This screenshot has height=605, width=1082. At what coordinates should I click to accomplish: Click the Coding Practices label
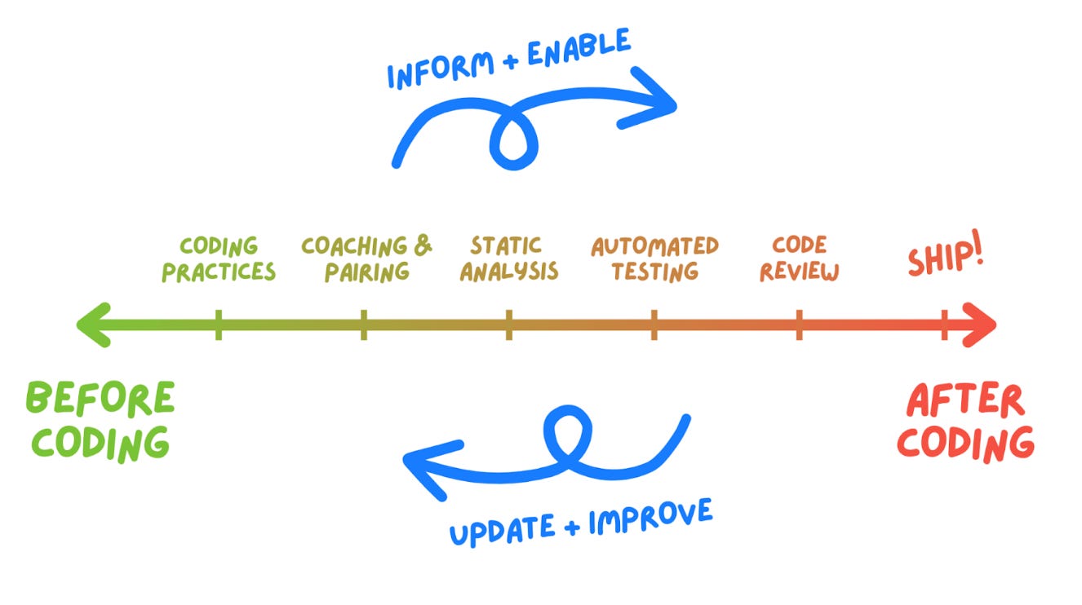[218, 258]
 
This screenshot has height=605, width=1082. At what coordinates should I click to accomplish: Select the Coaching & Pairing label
[366, 258]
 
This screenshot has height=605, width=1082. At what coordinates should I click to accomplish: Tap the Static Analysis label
[508, 258]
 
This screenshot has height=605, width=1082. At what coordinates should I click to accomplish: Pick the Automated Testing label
[654, 258]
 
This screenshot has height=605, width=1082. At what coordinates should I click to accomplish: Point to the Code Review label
[799, 258]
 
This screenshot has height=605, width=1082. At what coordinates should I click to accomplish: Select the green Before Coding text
[100, 420]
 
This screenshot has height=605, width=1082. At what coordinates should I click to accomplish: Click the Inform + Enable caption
[508, 59]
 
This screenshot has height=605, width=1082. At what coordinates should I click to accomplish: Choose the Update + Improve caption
[581, 520]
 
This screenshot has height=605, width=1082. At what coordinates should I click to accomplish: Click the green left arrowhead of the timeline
[91, 325]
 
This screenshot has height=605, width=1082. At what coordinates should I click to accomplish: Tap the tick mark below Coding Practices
[218, 325]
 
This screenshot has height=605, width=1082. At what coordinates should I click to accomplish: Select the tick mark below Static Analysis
[508, 325]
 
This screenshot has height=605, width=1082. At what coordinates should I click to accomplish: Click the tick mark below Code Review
[799, 325]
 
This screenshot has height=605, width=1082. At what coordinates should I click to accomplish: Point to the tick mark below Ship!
[944, 325]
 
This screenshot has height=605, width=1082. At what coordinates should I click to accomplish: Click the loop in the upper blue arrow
[513, 139]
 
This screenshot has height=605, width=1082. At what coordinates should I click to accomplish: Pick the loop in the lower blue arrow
[569, 433]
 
